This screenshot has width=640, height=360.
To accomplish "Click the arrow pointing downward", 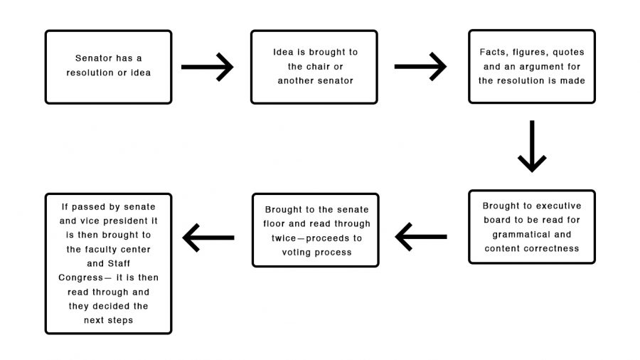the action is [x=532, y=146].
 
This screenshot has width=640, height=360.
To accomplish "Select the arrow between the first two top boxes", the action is [x=208, y=67].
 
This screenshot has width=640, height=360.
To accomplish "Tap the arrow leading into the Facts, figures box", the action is [x=420, y=67].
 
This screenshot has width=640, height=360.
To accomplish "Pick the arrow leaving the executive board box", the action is [x=421, y=237].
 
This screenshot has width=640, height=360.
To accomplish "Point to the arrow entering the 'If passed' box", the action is [x=208, y=238].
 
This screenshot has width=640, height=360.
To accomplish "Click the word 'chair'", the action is [x=315, y=67].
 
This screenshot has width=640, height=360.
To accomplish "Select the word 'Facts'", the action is [x=493, y=52].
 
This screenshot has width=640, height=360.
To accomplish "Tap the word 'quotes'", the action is [x=568, y=53].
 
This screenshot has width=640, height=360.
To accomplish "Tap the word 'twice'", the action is [x=284, y=238].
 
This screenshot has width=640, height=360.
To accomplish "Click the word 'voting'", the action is [x=294, y=253].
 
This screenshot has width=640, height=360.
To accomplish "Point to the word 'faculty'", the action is [x=99, y=250].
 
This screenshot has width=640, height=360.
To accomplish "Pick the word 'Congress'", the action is [x=81, y=278].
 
